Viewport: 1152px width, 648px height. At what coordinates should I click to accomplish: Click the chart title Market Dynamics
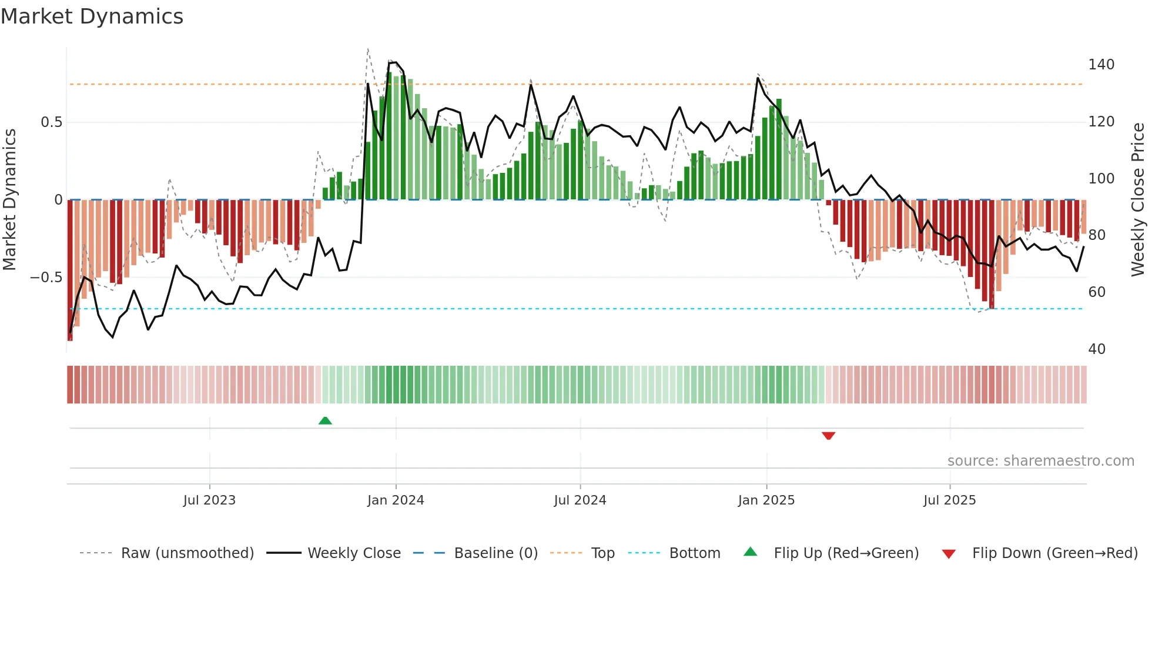point(92,16)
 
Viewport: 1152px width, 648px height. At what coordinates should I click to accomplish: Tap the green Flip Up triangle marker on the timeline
point(325,420)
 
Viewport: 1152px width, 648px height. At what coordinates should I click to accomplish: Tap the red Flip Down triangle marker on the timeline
point(828,436)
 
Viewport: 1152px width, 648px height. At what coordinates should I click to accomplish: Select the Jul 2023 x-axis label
point(209,500)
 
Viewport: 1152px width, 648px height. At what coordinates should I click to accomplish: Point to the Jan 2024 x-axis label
point(396,500)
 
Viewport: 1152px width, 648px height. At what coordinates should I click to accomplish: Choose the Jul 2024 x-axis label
point(580,500)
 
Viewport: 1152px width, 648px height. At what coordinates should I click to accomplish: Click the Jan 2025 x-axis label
point(766,500)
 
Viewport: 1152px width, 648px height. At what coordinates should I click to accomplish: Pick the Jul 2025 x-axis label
point(949,500)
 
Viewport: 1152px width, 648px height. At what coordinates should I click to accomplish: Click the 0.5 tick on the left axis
point(51,122)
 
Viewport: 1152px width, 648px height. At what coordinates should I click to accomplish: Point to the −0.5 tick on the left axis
point(46,278)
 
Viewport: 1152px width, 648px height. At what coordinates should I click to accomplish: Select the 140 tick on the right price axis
point(1101,65)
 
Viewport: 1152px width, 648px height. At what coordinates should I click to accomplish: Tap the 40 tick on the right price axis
point(1097,349)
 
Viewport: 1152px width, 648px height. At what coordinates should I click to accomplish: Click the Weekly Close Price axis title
point(1138,200)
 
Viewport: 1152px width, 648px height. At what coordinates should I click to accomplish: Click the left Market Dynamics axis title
point(9,200)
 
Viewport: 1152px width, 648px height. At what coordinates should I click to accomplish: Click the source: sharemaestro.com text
point(1040,461)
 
